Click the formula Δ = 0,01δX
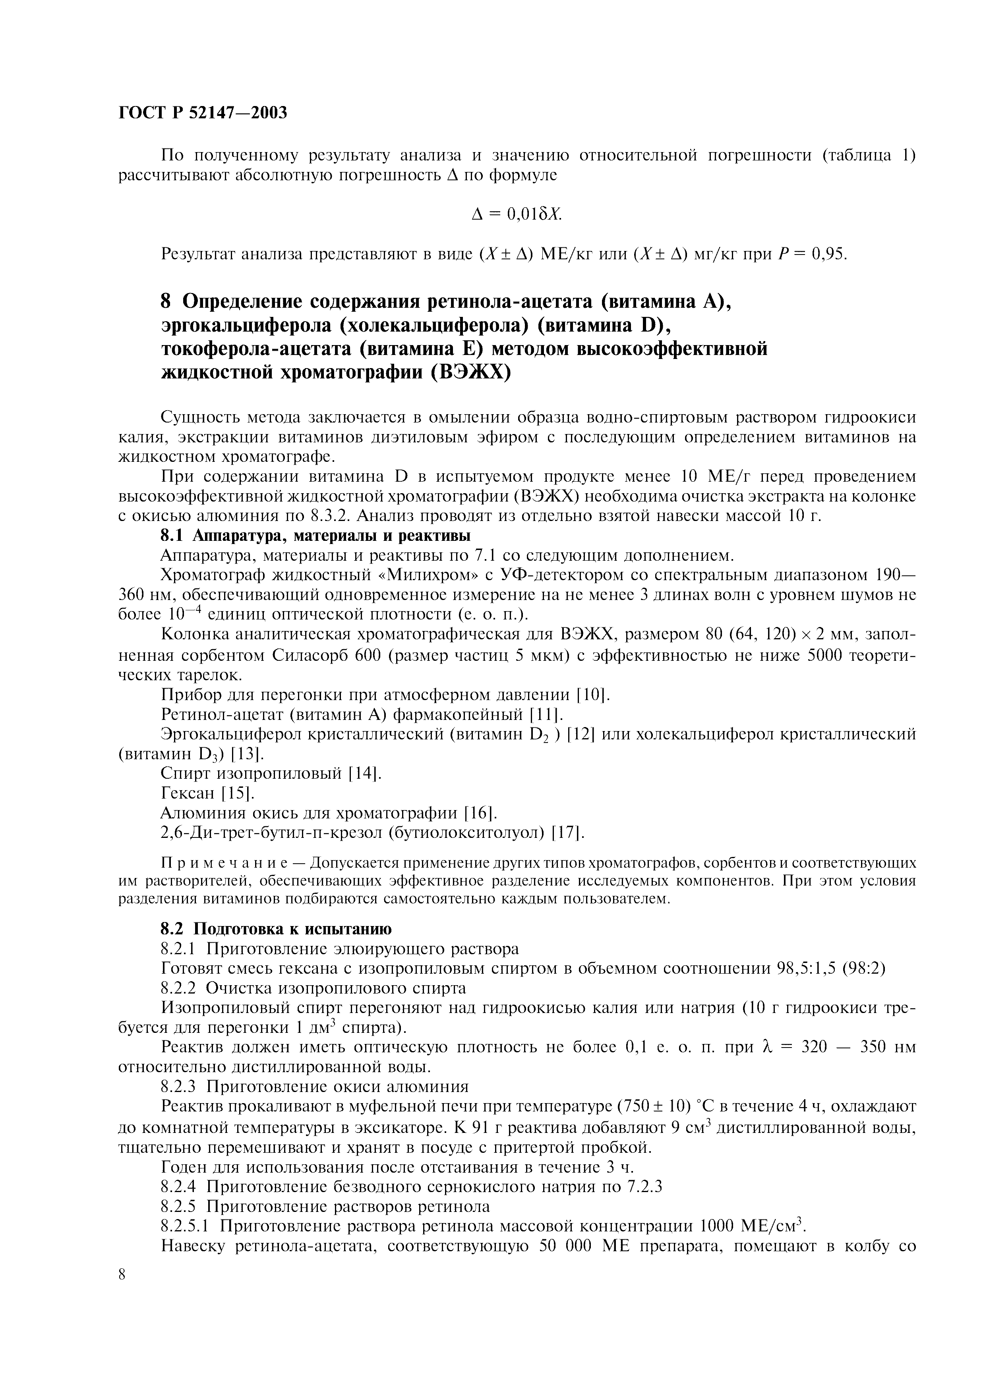click(x=517, y=214)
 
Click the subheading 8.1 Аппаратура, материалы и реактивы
click(x=315, y=536)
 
